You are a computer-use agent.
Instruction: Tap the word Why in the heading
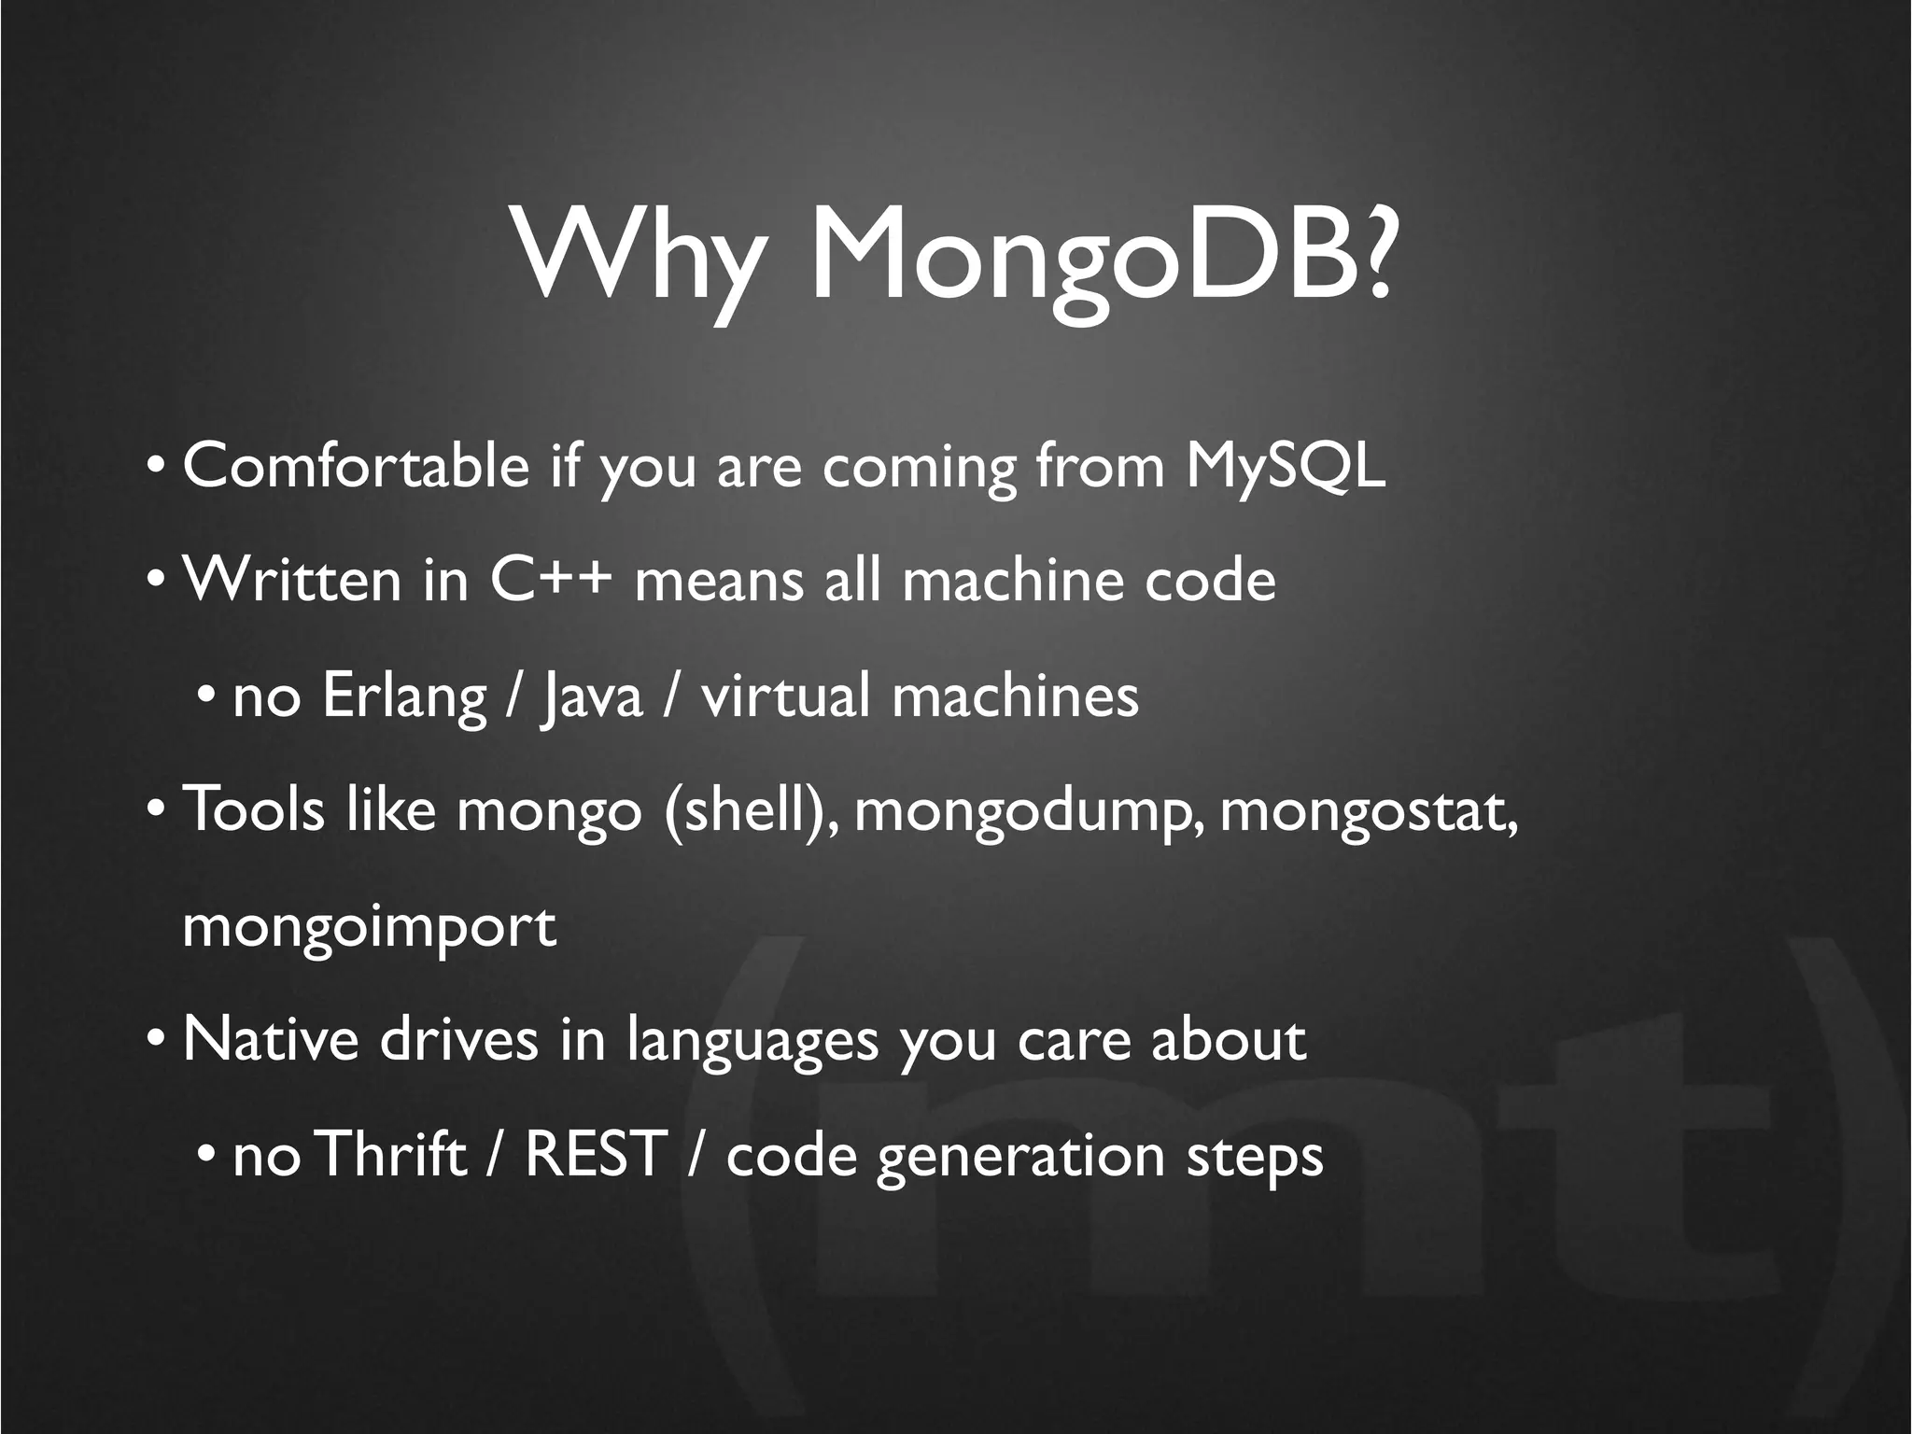click(637, 254)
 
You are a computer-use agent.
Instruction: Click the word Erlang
click(403, 696)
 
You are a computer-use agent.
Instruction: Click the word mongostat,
click(1369, 810)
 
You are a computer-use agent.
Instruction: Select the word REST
click(596, 1155)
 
